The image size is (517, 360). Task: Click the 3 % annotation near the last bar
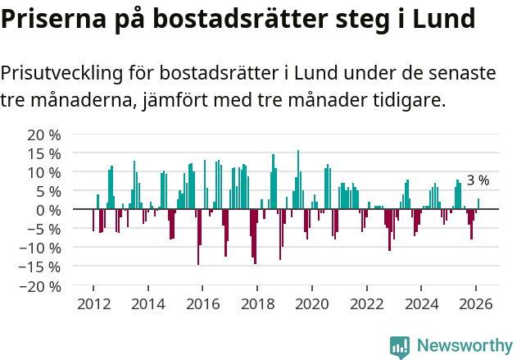click(478, 180)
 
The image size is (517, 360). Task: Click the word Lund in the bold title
click(442, 18)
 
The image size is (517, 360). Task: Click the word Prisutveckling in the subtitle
click(60, 73)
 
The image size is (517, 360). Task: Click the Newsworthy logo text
click(464, 345)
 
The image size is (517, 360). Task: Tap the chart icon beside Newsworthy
click(400, 346)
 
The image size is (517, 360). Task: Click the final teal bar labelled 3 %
click(478, 204)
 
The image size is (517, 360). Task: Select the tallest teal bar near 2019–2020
click(298, 180)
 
